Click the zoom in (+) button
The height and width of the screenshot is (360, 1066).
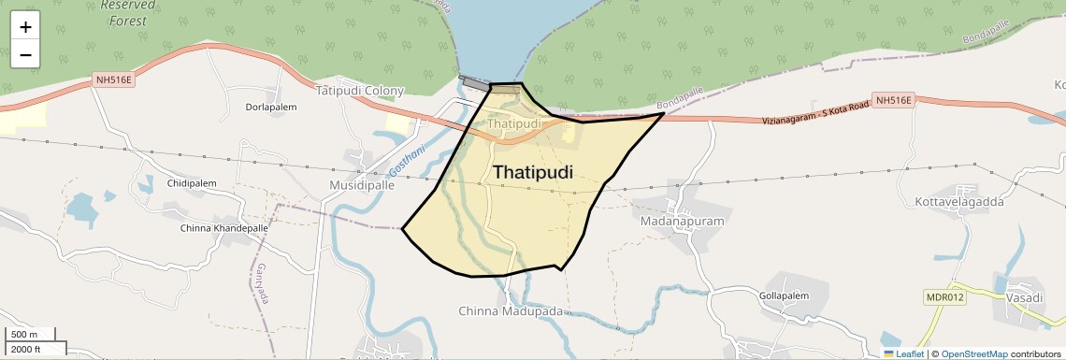(25, 27)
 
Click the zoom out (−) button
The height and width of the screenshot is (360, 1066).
(25, 55)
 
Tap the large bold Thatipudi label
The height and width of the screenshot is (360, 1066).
(532, 172)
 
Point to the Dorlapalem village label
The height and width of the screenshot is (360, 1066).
(270, 108)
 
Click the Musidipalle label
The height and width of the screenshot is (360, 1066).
(362, 186)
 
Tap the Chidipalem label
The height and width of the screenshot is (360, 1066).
(192, 183)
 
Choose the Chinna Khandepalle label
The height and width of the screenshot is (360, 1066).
(223, 228)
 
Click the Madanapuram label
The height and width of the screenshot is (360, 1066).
(683, 223)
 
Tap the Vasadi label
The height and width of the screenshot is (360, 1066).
(1025, 297)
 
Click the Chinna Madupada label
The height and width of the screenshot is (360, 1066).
(511, 310)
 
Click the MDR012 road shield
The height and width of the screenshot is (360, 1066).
(944, 297)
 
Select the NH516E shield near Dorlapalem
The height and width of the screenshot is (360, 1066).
(115, 80)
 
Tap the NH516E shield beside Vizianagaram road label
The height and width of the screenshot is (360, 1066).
(892, 99)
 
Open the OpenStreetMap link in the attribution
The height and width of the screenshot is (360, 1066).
(973, 354)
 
